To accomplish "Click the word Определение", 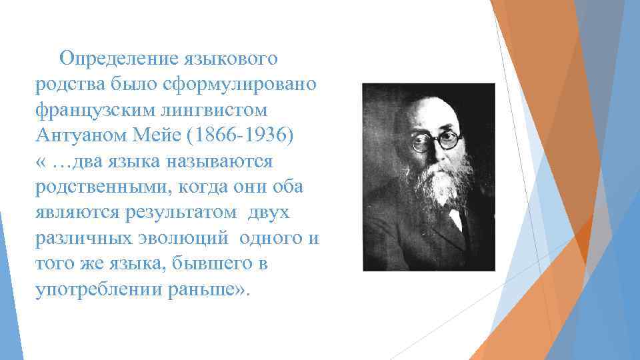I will [115, 59].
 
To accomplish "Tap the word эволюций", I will [188, 237].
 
